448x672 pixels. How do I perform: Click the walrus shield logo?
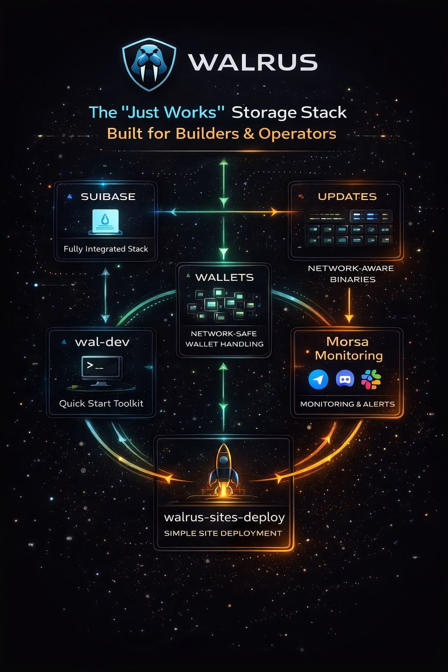[x=149, y=64]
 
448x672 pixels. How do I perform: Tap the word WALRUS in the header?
[x=253, y=63]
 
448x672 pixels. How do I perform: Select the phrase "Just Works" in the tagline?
[x=171, y=112]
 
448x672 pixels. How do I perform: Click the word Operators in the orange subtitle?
[x=297, y=133]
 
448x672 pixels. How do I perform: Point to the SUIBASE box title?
[x=108, y=197]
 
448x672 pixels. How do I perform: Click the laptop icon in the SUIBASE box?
[x=107, y=221]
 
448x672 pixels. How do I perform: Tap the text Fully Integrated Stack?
[x=106, y=249]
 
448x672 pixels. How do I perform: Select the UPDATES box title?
[x=347, y=197]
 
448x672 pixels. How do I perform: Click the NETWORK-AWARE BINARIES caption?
[x=351, y=273]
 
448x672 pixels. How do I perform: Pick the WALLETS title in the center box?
[x=224, y=277]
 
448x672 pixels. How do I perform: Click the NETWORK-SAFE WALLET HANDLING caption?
[x=224, y=339]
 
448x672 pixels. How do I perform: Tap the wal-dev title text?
[x=102, y=342]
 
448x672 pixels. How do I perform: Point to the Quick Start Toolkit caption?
[x=101, y=403]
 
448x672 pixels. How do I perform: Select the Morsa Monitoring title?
[x=348, y=348]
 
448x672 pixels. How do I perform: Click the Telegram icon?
[x=318, y=379]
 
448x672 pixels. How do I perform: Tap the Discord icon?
[x=345, y=379]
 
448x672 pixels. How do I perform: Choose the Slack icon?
[x=371, y=379]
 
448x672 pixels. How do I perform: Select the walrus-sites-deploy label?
[x=224, y=517]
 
